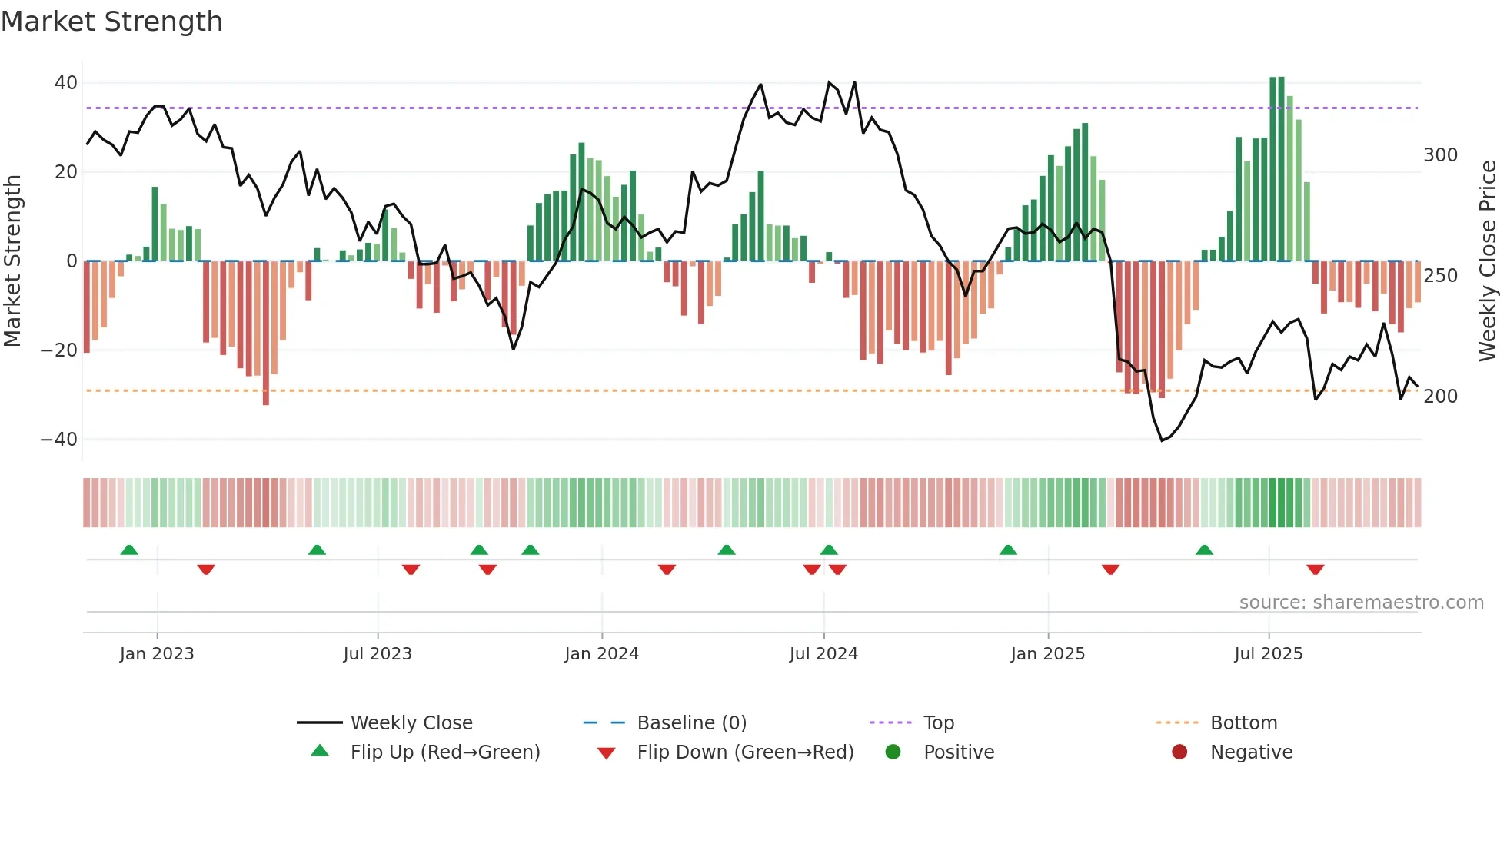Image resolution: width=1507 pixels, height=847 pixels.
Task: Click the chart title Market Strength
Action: click(111, 22)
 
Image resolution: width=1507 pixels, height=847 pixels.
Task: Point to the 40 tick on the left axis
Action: click(66, 83)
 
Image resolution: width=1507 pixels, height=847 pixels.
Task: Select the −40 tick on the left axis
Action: click(59, 440)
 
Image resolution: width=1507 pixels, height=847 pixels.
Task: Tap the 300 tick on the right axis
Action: click(1440, 155)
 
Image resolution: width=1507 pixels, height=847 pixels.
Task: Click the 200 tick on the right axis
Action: click(1440, 397)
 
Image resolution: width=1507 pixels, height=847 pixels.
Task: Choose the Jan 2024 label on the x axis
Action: click(601, 654)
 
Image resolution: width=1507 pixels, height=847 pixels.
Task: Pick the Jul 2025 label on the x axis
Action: click(1268, 654)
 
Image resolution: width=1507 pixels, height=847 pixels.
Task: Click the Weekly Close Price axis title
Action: click(1488, 261)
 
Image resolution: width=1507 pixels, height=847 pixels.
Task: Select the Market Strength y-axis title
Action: click(13, 261)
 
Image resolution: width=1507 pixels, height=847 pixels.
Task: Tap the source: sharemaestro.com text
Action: click(1361, 603)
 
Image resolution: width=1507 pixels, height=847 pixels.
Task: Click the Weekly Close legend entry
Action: click(411, 723)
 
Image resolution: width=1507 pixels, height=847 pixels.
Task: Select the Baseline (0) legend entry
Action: click(691, 723)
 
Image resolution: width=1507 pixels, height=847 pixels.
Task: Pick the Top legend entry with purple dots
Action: click(938, 723)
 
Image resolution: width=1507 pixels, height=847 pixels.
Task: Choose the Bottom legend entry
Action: click(1243, 723)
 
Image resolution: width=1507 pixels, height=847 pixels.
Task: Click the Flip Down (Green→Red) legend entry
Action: click(745, 752)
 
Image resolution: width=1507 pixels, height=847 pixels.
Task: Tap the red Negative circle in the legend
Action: click(1179, 752)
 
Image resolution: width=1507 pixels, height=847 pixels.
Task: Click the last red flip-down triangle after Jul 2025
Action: click(1315, 570)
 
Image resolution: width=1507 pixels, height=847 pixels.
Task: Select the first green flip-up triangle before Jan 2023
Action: click(129, 550)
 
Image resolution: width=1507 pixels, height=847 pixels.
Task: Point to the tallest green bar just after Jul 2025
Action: click(1273, 169)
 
